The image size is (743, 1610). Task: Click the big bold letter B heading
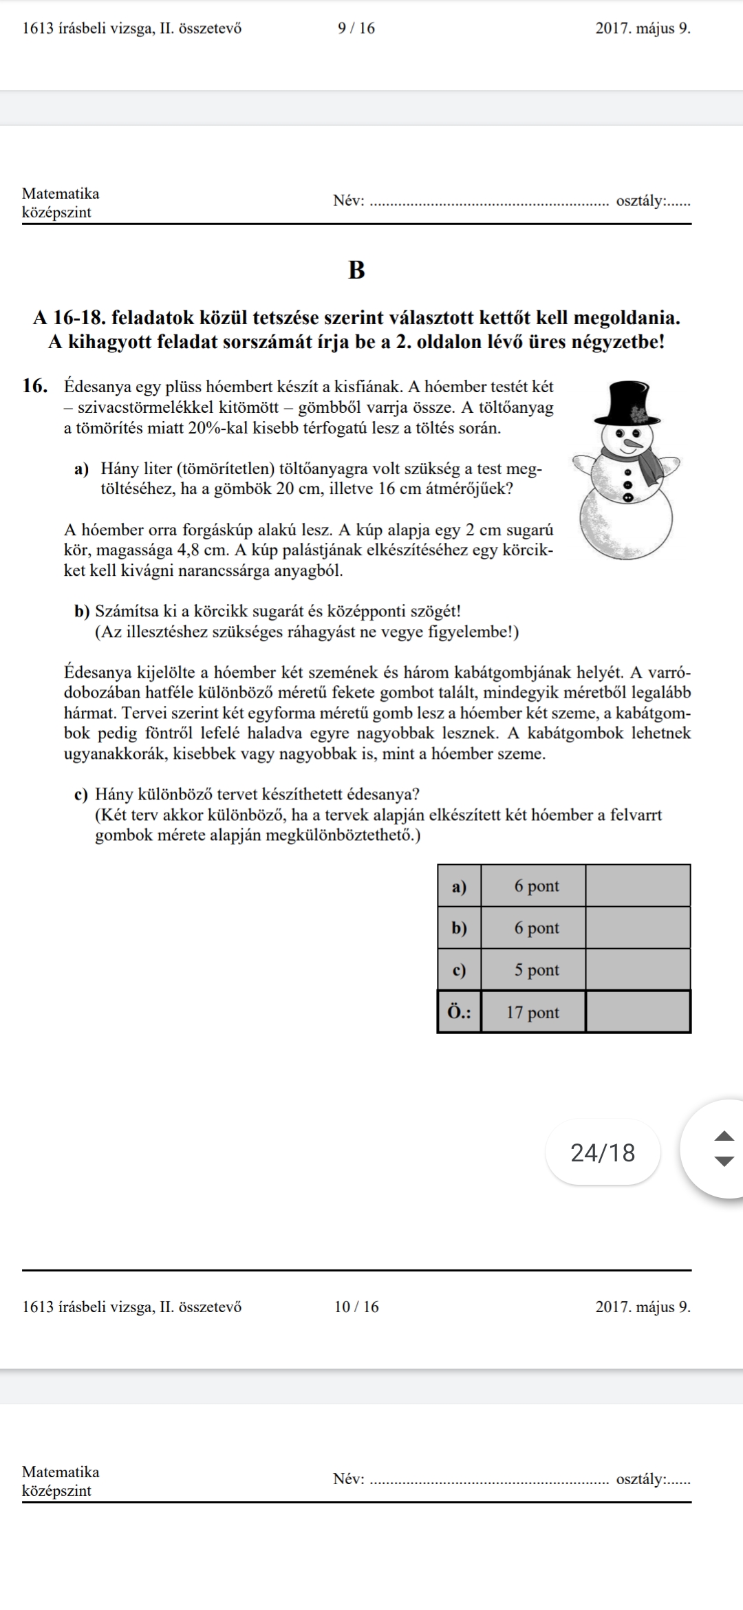pos(356,270)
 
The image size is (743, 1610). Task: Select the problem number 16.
pos(35,386)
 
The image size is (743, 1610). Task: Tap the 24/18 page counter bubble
pos(603,1152)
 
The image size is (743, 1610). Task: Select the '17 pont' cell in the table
pos(533,1012)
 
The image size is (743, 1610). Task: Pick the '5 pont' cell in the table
pos(537,970)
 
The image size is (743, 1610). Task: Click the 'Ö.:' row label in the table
pos(459,1012)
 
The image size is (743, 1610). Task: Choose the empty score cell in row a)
pos(638,885)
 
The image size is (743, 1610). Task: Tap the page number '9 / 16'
pos(356,28)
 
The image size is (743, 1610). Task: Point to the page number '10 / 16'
pos(356,1307)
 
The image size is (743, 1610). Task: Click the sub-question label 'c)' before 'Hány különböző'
pos(81,795)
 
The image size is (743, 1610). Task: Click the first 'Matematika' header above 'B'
pos(61,193)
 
